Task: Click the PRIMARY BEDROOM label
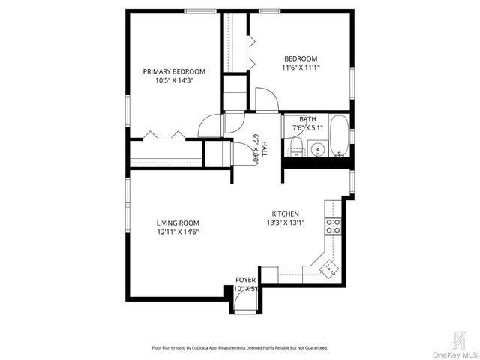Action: pyautogui.click(x=174, y=71)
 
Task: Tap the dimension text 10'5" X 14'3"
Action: pyautogui.click(x=174, y=80)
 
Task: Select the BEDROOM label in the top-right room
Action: pyautogui.click(x=300, y=59)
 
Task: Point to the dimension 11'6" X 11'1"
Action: pyautogui.click(x=300, y=68)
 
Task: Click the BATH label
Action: pyautogui.click(x=307, y=119)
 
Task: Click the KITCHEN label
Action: pyautogui.click(x=285, y=214)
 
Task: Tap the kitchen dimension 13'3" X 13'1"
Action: pyautogui.click(x=285, y=223)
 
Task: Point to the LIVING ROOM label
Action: pyautogui.click(x=177, y=223)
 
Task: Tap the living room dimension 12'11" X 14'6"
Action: pyautogui.click(x=177, y=232)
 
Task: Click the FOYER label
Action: pyautogui.click(x=245, y=280)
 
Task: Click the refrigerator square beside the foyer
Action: pyautogui.click(x=269, y=274)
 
